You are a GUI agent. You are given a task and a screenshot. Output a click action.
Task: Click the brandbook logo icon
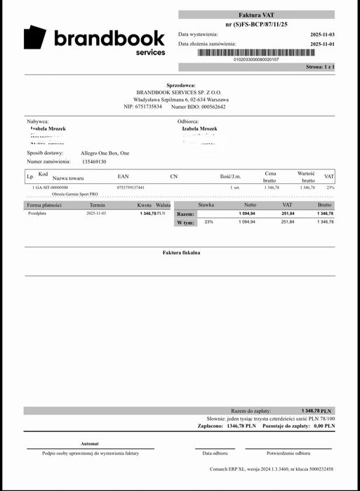point(35,38)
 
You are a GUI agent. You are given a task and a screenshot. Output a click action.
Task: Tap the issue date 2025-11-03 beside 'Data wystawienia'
point(322,34)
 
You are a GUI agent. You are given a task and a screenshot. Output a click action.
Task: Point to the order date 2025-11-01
point(322,44)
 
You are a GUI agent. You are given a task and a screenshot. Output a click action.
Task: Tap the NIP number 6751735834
point(149,107)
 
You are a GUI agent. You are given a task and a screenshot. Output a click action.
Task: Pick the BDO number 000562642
point(208,107)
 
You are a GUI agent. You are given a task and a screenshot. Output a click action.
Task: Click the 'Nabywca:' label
point(38,122)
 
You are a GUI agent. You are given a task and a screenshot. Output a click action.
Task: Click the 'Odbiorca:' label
point(189,122)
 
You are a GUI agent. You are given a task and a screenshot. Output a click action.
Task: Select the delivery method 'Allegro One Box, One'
point(105,152)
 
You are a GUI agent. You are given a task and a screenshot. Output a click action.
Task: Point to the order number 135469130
point(93,162)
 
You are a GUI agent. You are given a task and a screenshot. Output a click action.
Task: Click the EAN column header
point(123,176)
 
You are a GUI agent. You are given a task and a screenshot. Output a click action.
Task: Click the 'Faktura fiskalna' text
point(181,252)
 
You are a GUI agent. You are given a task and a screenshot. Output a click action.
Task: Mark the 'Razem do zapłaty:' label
point(251,410)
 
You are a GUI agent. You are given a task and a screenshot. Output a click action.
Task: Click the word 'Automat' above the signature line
point(90,444)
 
